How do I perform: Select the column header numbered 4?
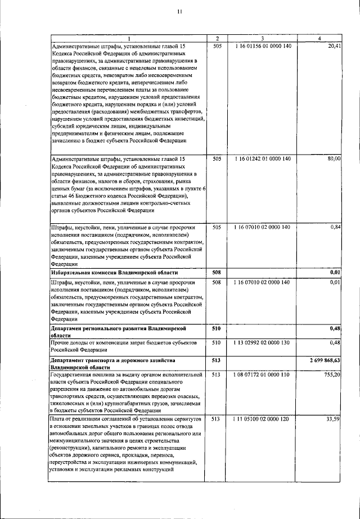point(319,38)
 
